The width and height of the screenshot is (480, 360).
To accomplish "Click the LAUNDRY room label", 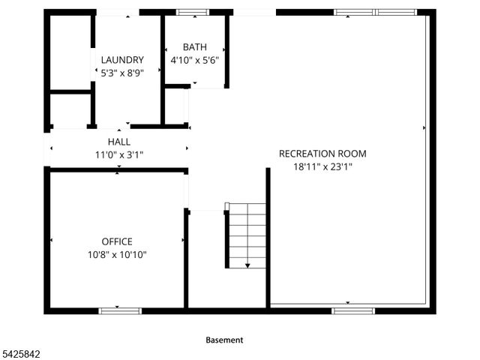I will [122, 60].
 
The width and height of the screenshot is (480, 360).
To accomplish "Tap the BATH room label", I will [194, 46].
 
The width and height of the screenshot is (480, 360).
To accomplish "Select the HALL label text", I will [118, 141].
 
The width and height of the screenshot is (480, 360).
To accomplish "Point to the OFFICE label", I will [117, 241].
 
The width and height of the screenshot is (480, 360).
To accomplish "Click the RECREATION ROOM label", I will [322, 154].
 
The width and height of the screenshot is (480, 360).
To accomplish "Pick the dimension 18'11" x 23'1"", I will [322, 167].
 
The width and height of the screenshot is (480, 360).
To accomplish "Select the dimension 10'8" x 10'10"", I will [117, 255].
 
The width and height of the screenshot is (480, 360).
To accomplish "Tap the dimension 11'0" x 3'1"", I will [118, 154].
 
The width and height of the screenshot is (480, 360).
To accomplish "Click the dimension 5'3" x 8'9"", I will [122, 73].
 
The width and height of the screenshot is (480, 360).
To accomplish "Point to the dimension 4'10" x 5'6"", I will [194, 60].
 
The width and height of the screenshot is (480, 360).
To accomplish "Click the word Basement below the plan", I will [224, 340].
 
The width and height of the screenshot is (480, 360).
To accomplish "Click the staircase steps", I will [247, 232].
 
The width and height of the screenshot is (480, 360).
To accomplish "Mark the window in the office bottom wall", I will [119, 310].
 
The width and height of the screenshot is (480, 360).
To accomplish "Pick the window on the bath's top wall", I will [193, 12].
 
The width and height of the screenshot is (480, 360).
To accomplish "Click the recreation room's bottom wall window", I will [353, 310].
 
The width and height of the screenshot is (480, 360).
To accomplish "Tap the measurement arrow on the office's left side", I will [52, 240].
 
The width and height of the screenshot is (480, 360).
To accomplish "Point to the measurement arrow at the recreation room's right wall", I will [424, 128].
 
